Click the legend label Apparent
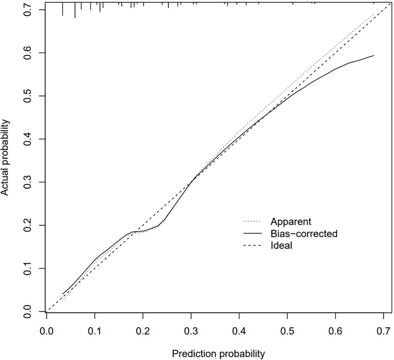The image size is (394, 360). [291, 221]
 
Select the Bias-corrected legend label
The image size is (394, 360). [304, 234]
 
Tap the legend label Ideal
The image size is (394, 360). [281, 246]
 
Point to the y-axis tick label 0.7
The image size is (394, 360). [27, 10]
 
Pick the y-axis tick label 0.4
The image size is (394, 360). [27, 139]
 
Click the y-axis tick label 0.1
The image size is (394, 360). [27, 268]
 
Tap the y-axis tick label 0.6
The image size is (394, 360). [27, 53]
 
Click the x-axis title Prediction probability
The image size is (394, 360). [218, 353]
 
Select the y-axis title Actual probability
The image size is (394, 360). [5, 159]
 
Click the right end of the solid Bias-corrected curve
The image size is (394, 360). [374, 56]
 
